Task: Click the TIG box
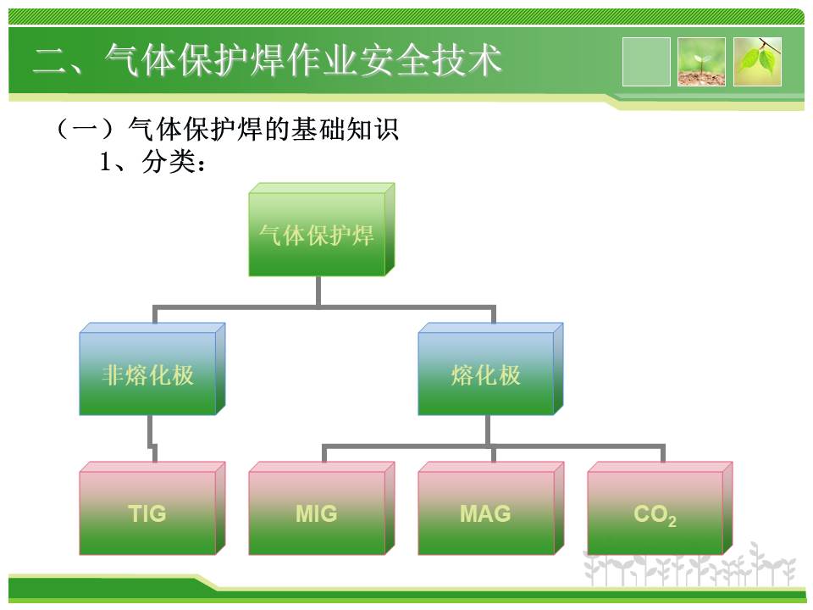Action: pos(152,508)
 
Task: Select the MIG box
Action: pos(322,508)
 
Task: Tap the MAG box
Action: pos(491,508)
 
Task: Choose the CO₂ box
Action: pos(660,508)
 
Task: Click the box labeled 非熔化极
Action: pos(152,369)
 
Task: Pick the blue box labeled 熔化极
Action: pos(490,369)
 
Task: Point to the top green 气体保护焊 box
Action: pos(322,230)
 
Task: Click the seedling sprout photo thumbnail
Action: pos(701,61)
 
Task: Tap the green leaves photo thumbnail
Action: pos(757,61)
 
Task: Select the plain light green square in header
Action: pos(646,61)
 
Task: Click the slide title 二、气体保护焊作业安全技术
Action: pos(267,59)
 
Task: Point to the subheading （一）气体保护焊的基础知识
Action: pos(227,129)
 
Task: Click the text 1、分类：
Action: pos(153,162)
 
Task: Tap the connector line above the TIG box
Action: pos(152,438)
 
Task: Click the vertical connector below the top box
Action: pos(318,291)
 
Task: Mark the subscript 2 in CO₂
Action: pos(672,521)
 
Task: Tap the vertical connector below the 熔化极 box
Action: pos(488,430)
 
